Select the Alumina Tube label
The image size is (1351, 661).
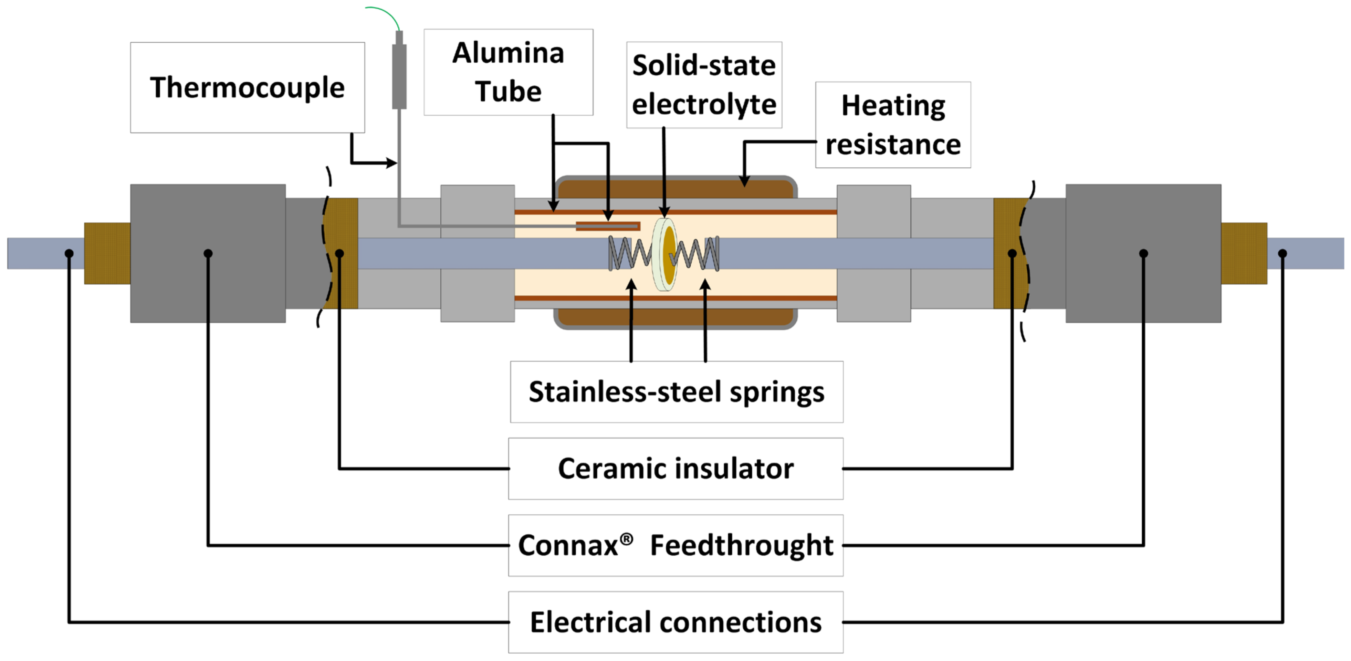pos(508,72)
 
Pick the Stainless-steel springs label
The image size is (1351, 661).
pos(676,391)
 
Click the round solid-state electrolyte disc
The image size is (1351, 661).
pos(665,254)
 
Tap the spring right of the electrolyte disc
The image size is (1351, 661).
pos(698,254)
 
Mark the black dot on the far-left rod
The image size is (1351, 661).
pos(69,253)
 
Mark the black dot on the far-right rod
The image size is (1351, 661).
pos(1282,253)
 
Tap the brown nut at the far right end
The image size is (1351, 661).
pos(1244,253)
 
